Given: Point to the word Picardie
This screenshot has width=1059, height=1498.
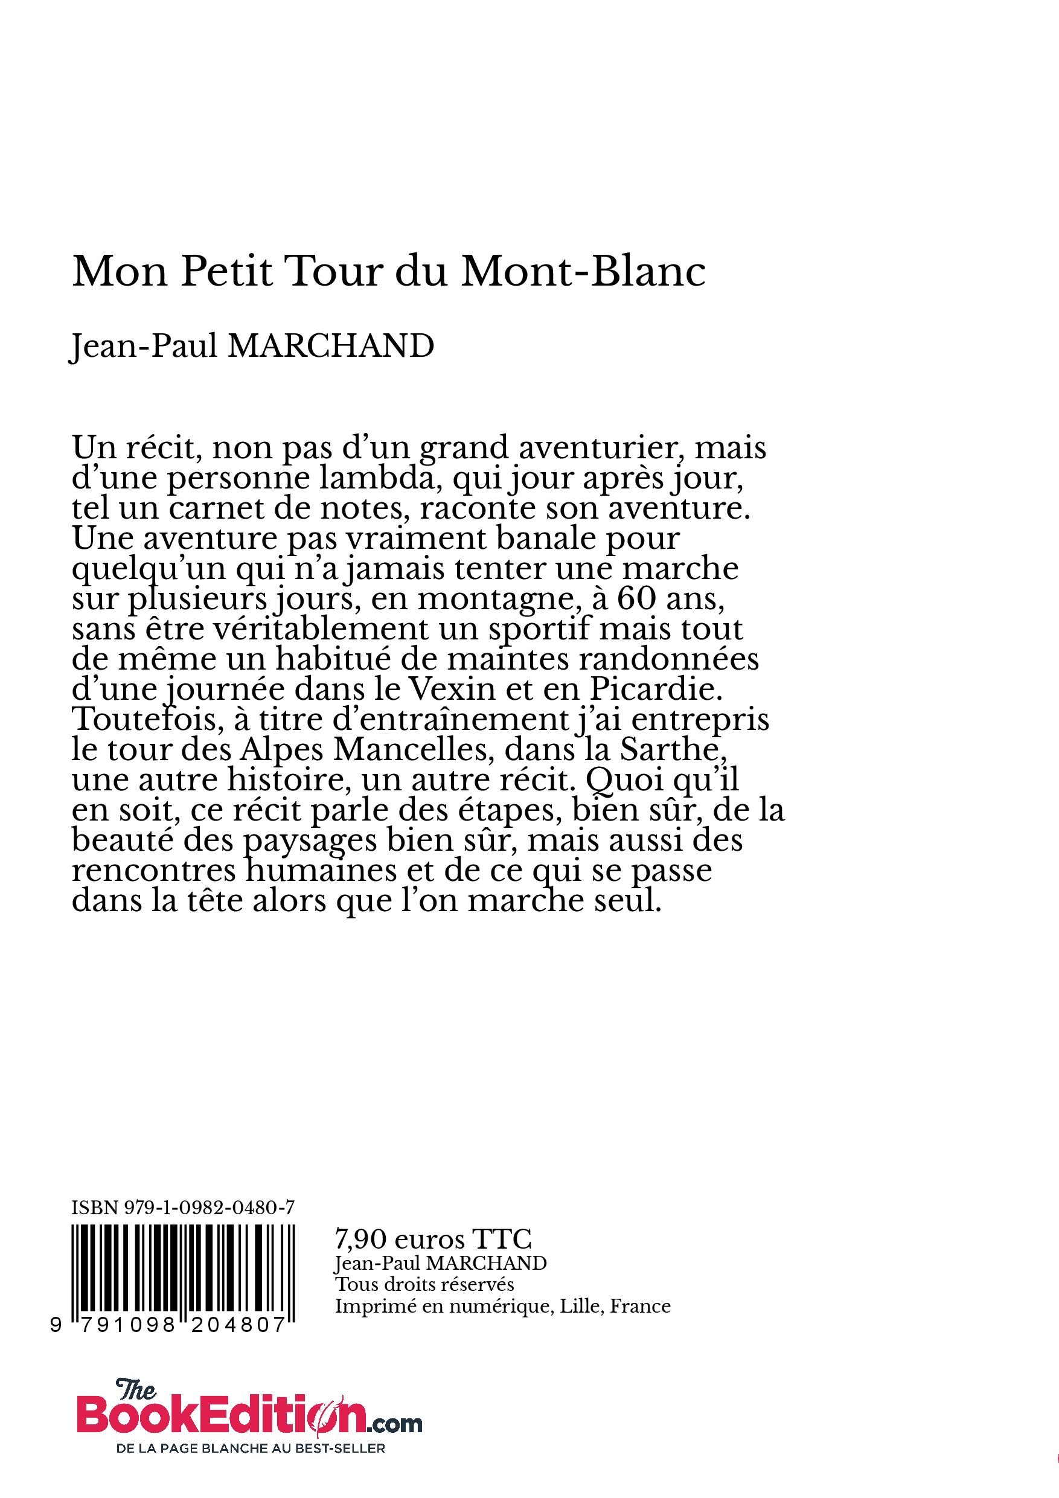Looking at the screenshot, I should coord(655,689).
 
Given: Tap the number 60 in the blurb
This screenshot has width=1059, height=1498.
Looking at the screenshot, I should coord(637,598).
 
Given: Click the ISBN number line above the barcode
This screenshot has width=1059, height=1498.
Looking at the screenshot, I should coord(183,1208).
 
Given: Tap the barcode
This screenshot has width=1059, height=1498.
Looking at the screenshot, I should coord(183,1272).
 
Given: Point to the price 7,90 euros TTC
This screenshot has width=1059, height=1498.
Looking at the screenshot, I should coord(433,1239).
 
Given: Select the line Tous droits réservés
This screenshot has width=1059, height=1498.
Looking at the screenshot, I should coord(424,1285).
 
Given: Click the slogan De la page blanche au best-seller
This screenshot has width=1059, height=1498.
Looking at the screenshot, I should coord(251,1448).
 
